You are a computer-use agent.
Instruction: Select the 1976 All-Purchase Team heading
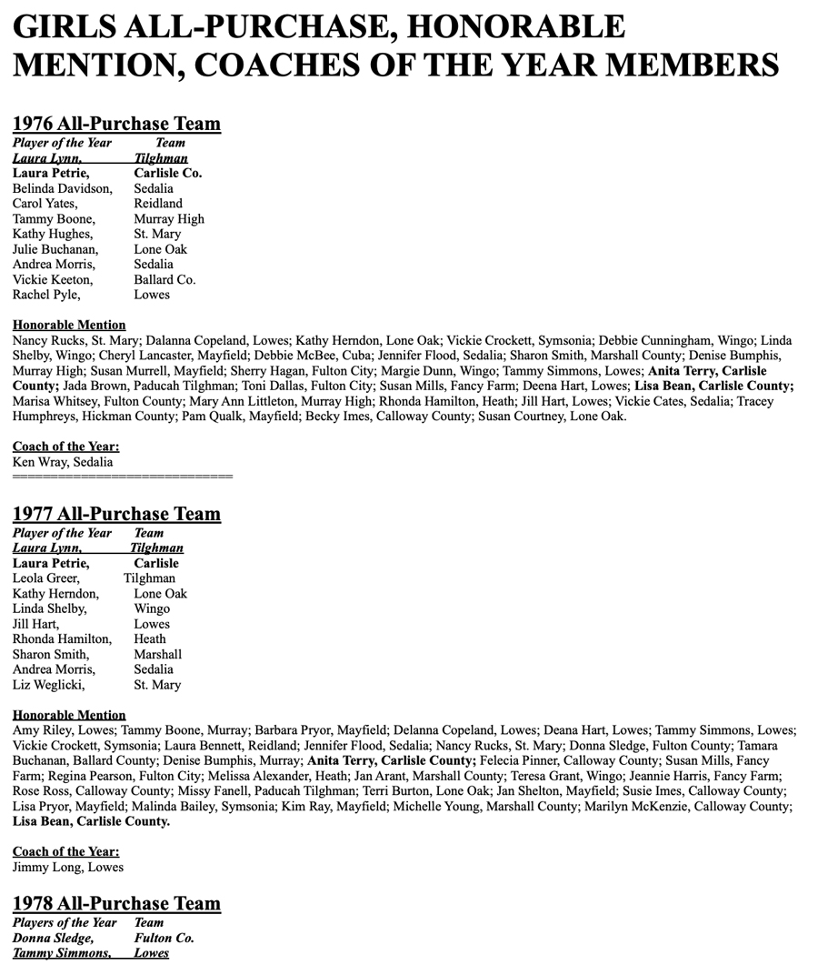(x=116, y=124)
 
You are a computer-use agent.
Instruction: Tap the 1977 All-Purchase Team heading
(x=116, y=514)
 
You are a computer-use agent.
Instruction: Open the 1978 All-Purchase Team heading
(x=116, y=903)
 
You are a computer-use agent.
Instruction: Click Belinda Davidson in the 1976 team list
(x=62, y=188)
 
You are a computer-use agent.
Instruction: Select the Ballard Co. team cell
(x=165, y=279)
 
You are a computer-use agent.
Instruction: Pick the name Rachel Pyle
(x=45, y=295)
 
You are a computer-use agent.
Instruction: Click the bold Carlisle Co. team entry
(x=167, y=173)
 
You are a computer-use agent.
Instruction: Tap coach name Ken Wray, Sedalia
(x=63, y=462)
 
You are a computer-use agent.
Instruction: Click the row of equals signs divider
(x=123, y=477)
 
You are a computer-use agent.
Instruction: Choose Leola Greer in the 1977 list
(x=45, y=578)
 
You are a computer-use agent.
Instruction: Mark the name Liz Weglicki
(x=48, y=685)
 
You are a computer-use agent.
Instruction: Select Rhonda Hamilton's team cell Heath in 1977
(x=150, y=639)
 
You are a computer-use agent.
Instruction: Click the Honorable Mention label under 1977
(x=69, y=715)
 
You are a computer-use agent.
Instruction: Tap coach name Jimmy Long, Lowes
(x=67, y=867)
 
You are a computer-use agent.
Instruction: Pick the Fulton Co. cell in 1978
(x=164, y=938)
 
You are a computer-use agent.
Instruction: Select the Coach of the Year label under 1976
(x=65, y=447)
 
